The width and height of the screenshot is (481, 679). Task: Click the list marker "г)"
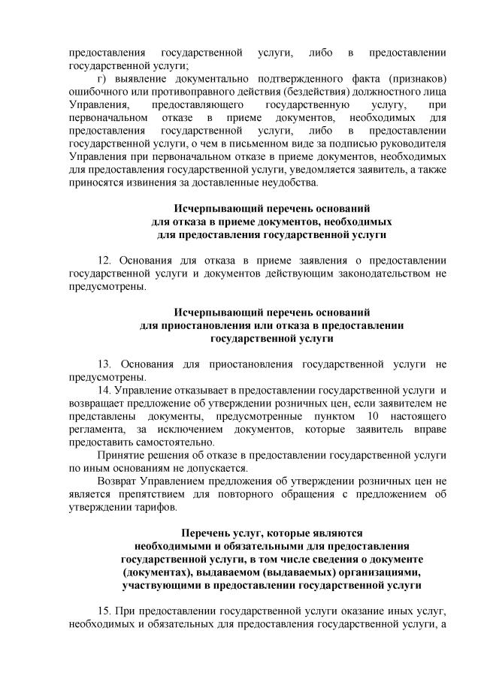point(104,80)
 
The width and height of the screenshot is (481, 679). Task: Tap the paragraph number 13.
point(106,364)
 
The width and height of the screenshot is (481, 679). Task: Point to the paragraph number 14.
point(106,390)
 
